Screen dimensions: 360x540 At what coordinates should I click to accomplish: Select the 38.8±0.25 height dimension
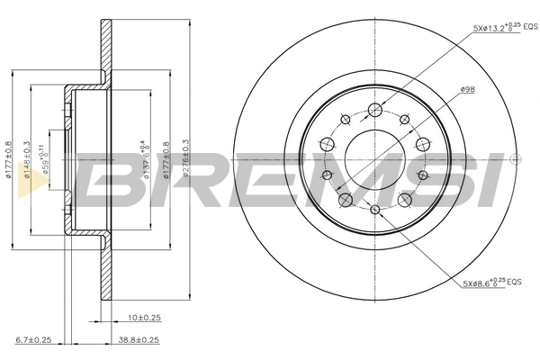click(138, 339)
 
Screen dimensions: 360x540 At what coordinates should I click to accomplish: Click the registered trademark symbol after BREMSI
click(515, 158)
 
